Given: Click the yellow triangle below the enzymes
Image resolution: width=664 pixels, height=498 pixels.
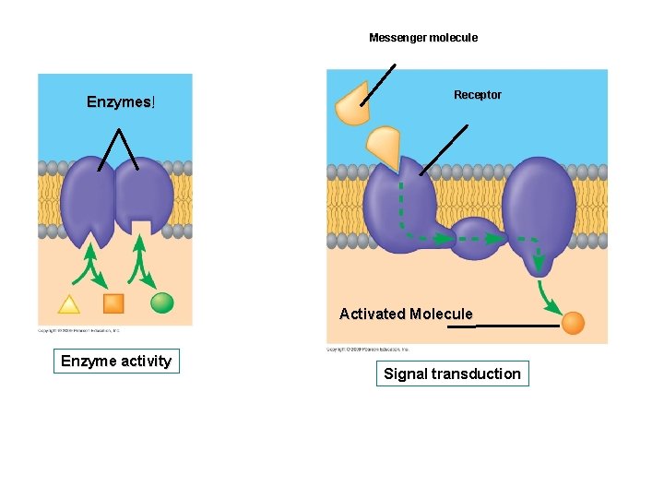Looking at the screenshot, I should point(68,303).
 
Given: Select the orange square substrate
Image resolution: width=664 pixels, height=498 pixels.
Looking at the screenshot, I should point(113,302).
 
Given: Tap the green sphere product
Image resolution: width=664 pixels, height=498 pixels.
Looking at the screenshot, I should point(162,302).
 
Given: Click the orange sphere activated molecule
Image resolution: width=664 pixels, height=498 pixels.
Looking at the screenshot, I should point(573,323).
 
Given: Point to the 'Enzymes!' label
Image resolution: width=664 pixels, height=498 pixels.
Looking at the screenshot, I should point(121,101).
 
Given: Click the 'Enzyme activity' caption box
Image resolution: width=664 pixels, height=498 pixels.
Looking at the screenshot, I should point(116,361).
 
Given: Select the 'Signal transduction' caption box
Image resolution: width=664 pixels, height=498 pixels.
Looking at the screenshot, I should point(452,373).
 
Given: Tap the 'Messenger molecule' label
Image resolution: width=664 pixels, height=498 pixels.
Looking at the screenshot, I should point(423,38).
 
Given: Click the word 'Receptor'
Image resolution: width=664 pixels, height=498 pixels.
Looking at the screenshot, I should point(478,95).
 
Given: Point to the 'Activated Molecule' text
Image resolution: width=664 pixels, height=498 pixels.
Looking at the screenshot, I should point(406,314).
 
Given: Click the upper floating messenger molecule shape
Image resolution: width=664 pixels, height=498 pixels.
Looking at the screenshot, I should point(351,106).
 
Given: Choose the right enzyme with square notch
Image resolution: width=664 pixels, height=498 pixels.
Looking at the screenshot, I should point(143,196).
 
